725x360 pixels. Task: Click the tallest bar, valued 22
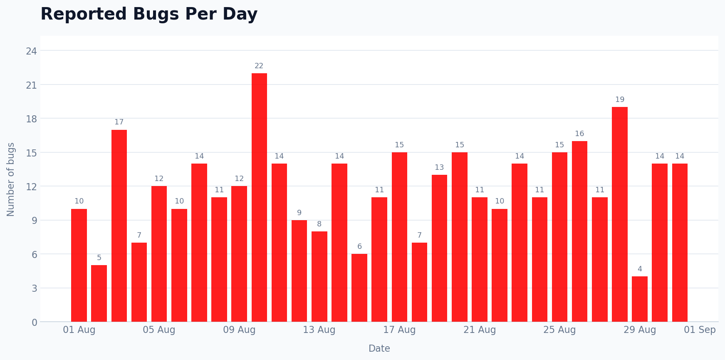click(x=259, y=197)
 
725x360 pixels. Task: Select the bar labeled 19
click(x=619, y=214)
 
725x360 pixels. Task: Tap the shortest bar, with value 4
click(x=639, y=299)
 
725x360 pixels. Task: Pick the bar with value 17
click(x=119, y=226)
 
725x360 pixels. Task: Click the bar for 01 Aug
click(x=79, y=265)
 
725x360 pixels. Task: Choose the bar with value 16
click(x=579, y=231)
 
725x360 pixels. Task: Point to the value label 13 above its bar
click(x=439, y=167)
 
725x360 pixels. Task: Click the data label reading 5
click(x=99, y=258)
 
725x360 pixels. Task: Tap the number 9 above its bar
click(x=299, y=213)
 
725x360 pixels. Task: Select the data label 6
click(x=359, y=246)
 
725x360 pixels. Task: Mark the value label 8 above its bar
click(x=319, y=224)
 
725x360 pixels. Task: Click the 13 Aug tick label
click(x=319, y=330)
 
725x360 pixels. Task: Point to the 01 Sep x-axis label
click(x=700, y=330)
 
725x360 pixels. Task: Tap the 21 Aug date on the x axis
click(x=480, y=330)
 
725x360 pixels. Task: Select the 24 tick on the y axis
click(x=31, y=51)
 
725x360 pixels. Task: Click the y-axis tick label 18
click(x=31, y=119)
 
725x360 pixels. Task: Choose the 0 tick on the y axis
click(x=35, y=322)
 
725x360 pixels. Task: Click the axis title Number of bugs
click(x=11, y=179)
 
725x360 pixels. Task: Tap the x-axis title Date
click(x=379, y=349)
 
